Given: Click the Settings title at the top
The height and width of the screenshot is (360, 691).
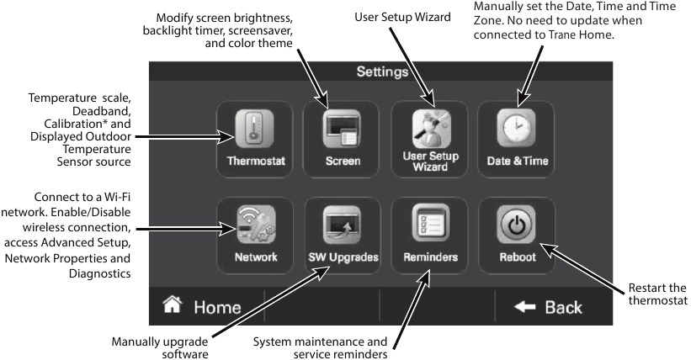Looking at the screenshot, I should pyautogui.click(x=382, y=72).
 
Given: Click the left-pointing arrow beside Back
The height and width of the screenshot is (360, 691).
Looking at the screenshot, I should pyautogui.click(x=524, y=307).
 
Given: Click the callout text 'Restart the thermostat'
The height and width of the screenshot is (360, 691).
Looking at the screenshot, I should pyautogui.click(x=657, y=295).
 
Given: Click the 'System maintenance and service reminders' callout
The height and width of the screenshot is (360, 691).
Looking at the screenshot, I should pyautogui.click(x=321, y=349).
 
